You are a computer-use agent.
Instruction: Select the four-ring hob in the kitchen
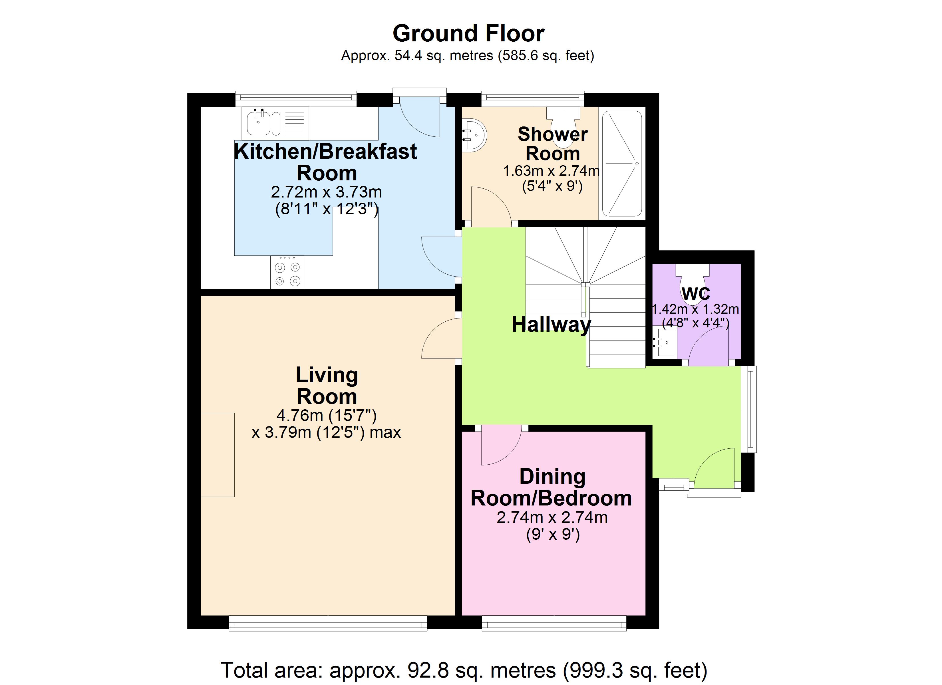pos(287,272)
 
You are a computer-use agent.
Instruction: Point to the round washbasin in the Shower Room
pos(474,135)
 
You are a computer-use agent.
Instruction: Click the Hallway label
pos(551,325)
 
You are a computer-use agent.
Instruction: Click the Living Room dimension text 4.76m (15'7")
pos(327,415)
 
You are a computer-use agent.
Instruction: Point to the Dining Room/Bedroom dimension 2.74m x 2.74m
pos(552,517)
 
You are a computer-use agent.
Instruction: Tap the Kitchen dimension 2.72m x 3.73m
pos(327,192)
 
